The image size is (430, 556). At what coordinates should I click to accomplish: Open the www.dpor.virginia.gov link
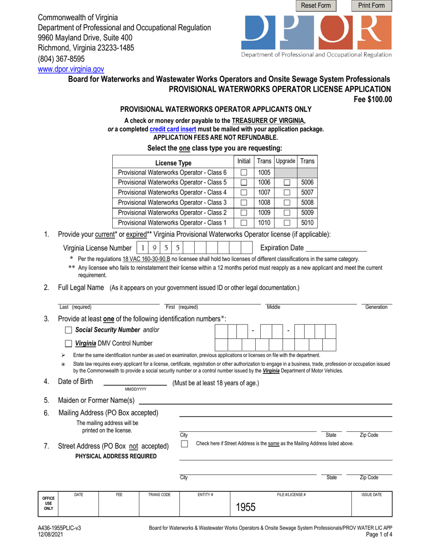click(71, 70)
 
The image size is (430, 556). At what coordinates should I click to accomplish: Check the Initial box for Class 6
click(244, 172)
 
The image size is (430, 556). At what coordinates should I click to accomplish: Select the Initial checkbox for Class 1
click(244, 222)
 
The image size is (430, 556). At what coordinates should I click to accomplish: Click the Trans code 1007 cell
click(264, 193)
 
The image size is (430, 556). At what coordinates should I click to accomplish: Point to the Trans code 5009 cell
click(307, 212)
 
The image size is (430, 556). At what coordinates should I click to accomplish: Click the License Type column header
click(173, 163)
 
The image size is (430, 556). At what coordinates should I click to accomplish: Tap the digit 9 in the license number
click(154, 248)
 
